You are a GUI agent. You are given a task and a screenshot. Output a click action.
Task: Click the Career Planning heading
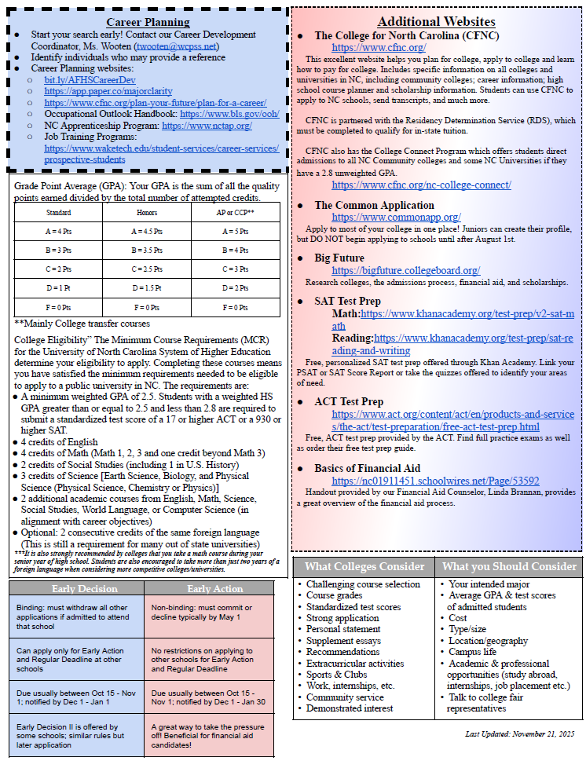[x=148, y=22]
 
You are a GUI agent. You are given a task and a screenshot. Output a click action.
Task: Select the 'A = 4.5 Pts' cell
[x=148, y=232]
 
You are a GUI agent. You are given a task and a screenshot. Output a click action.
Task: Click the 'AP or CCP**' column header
[x=235, y=212]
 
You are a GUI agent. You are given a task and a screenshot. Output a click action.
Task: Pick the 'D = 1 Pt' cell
[x=59, y=288]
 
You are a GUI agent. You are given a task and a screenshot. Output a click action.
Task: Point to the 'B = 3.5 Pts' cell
[x=148, y=251]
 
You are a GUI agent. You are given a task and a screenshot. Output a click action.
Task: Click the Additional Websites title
[x=436, y=21]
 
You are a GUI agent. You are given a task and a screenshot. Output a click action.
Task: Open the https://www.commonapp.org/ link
[x=396, y=218]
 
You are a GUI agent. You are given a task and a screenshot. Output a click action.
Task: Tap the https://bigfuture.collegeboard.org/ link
[x=405, y=270]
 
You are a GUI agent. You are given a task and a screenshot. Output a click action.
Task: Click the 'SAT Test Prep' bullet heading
[x=347, y=301]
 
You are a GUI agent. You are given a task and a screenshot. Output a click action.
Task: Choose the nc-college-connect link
[x=421, y=185]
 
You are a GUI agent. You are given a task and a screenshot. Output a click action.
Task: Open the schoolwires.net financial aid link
[x=435, y=481]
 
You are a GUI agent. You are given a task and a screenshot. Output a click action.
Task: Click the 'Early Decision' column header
[x=74, y=588]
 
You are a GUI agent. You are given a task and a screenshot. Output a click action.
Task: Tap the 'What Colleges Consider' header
[x=364, y=567]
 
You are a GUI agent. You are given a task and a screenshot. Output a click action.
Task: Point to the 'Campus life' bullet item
[x=472, y=652]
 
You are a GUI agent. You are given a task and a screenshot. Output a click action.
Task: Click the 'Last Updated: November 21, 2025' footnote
[x=519, y=734]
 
